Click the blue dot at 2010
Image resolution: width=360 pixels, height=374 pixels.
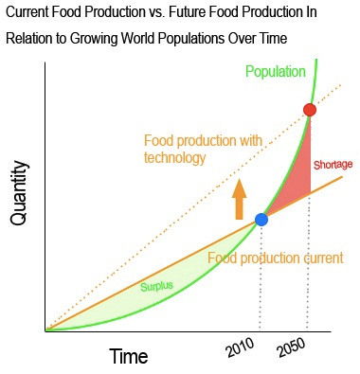261,220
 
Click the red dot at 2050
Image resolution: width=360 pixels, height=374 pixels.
310,110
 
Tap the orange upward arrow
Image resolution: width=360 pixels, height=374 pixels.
239,199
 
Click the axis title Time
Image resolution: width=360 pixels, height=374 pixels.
129,357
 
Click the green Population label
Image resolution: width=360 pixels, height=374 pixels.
275,72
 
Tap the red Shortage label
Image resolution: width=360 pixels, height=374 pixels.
333,165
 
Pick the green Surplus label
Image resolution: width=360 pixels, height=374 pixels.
157,286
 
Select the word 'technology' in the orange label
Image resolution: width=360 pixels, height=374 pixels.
174,158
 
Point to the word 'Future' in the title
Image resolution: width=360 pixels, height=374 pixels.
199,13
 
